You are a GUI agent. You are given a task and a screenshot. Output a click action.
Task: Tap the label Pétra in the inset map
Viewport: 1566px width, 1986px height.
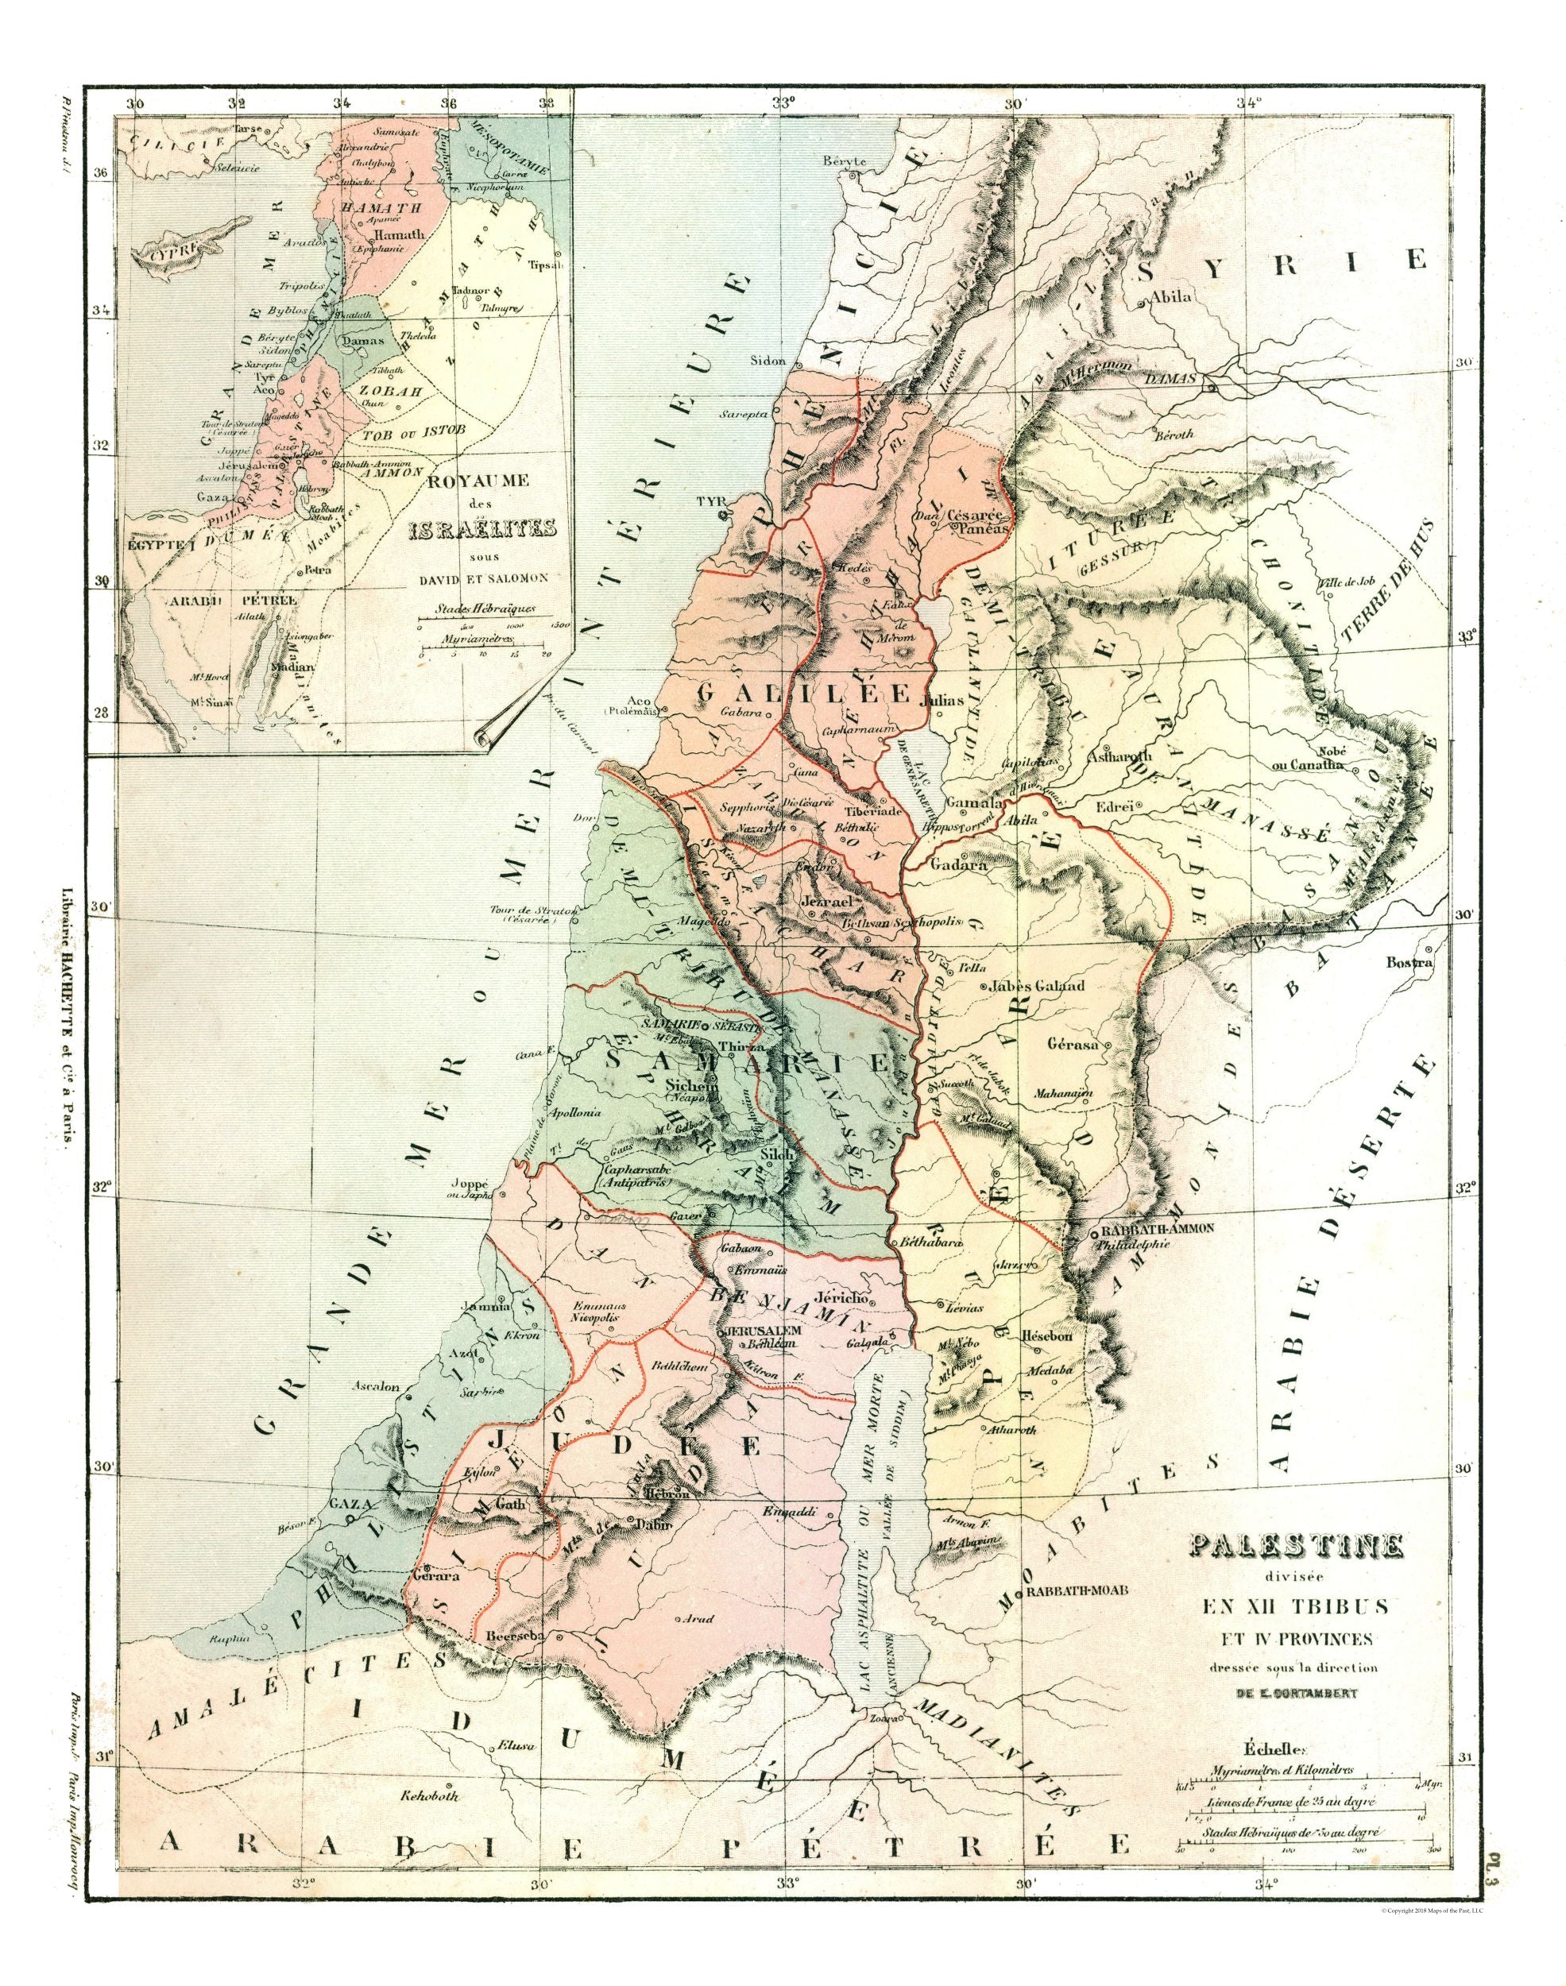[x=320, y=568]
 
